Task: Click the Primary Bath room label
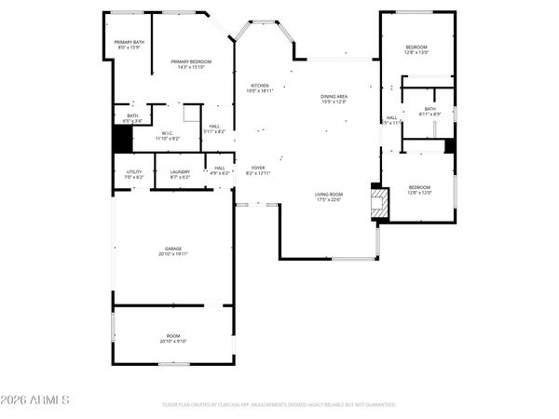130,45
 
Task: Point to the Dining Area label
334,99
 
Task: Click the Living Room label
329,196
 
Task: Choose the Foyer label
258,170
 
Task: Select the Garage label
173,251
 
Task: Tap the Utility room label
134,173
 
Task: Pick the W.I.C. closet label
168,136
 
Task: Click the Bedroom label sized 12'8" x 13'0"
416,50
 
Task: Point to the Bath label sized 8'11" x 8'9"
429,112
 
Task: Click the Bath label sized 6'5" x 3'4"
132,118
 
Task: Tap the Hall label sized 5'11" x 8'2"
214,129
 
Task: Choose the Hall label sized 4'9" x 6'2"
219,170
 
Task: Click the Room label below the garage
173,338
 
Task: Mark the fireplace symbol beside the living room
377,202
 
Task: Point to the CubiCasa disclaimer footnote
279,405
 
